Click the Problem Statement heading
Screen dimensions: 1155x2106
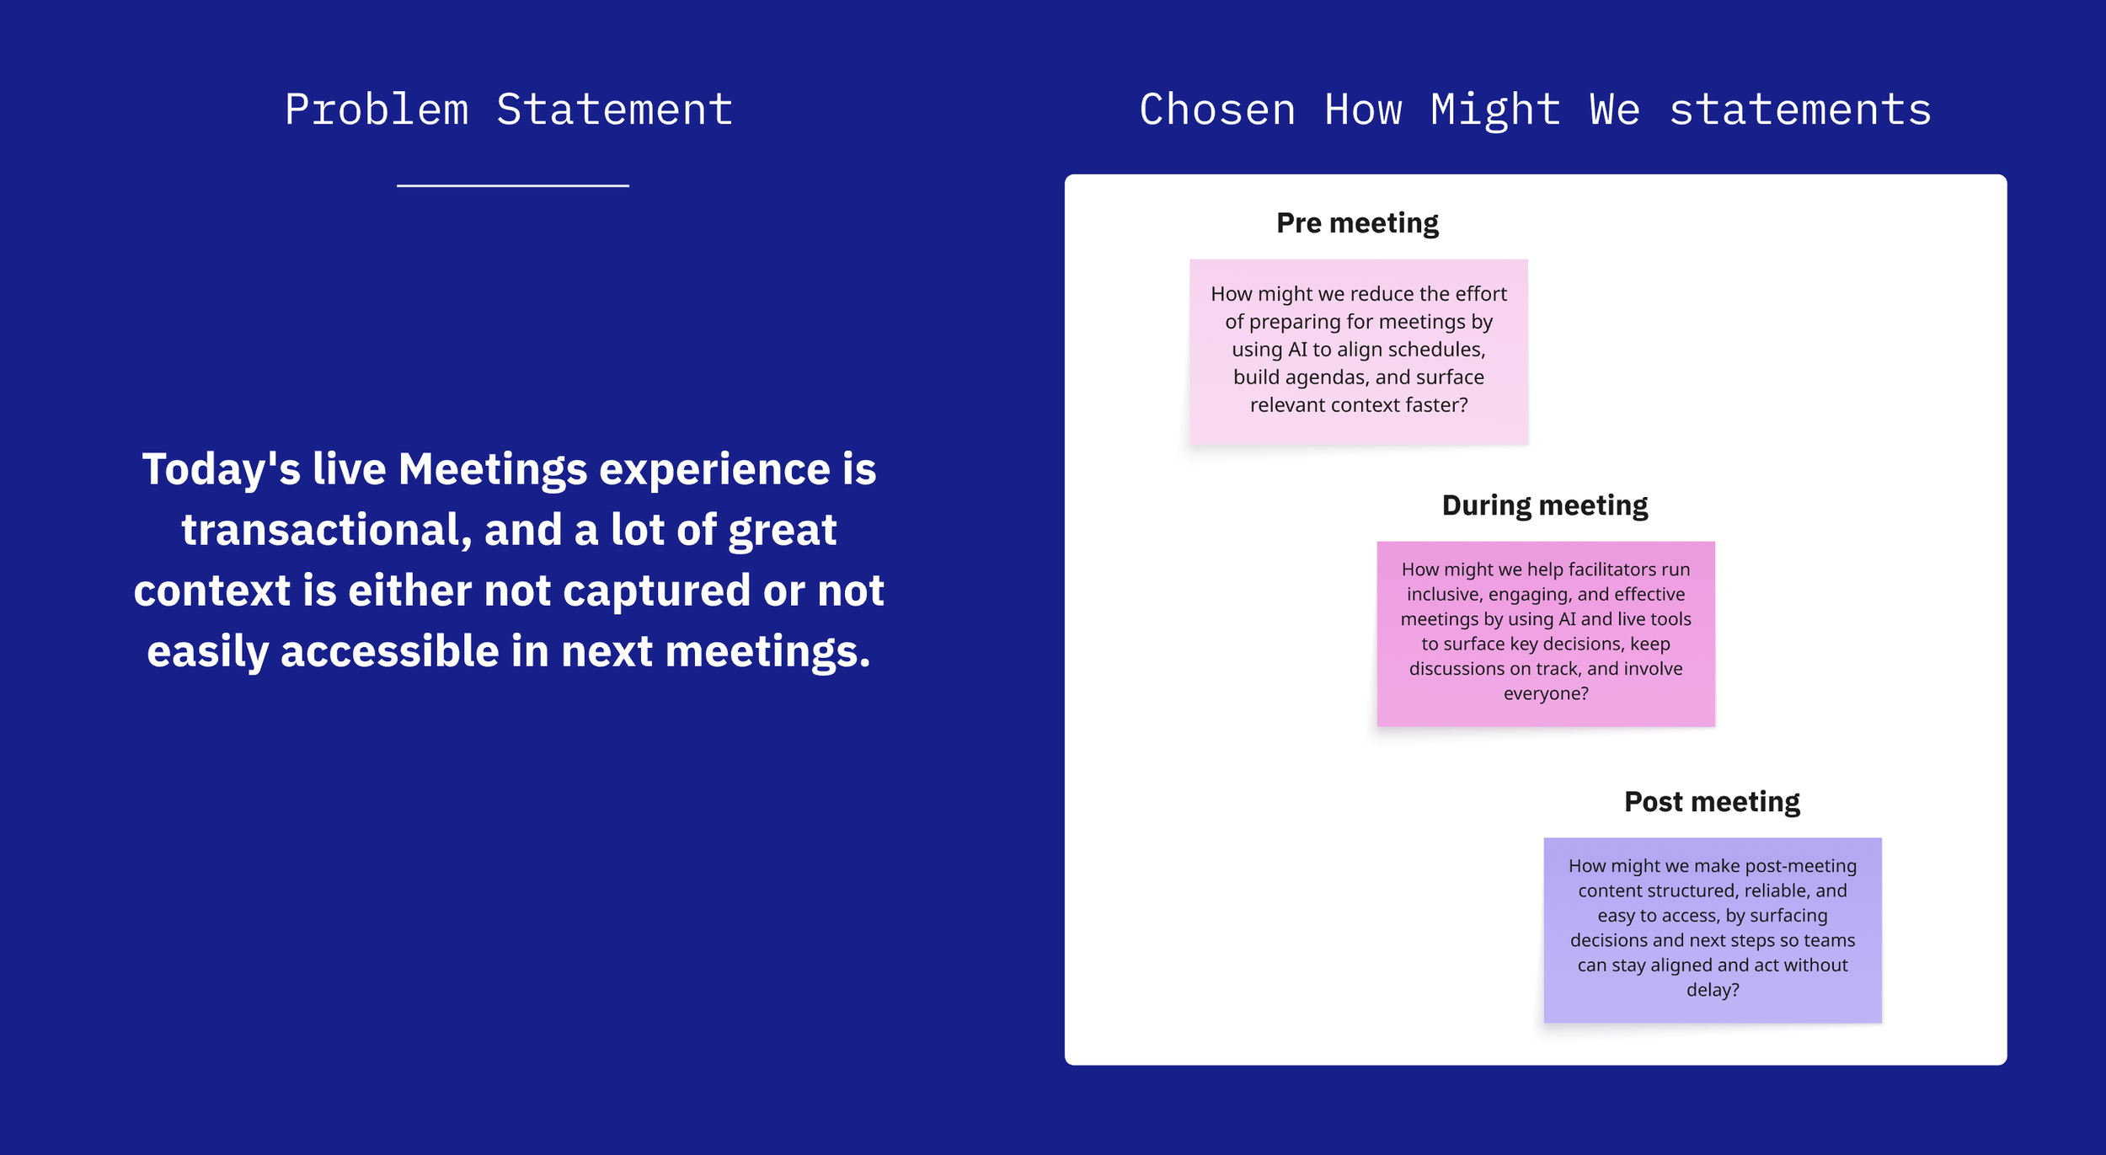pos(509,110)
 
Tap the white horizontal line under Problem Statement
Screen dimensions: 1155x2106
pos(513,185)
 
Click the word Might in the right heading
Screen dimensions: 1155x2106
pos(1495,110)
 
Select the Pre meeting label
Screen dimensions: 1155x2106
pos(1357,223)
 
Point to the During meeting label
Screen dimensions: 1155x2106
pos(1544,505)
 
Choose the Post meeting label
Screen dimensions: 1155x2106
pos(1712,802)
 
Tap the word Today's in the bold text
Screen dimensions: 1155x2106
pos(221,469)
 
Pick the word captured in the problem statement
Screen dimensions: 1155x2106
pos(657,591)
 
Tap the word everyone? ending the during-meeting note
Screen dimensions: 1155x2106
pos(1546,693)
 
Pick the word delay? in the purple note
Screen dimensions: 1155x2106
pos(1713,990)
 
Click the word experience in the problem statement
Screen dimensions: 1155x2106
pos(714,469)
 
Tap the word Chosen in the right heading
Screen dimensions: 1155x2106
pos(1217,110)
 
